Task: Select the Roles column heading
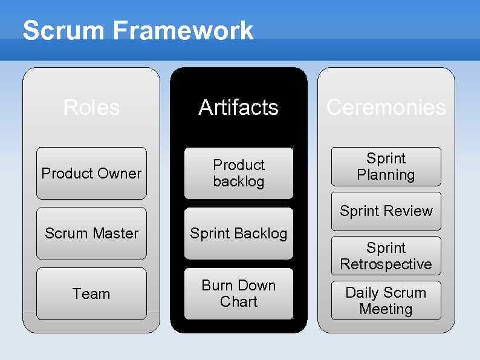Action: pos(91,108)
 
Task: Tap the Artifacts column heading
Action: pos(239,108)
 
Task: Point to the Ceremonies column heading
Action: pos(386,108)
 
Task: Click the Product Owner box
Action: pos(91,173)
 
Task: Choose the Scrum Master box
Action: pos(91,234)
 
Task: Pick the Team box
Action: pos(91,294)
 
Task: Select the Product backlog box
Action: pos(239,173)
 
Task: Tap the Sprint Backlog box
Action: pos(239,234)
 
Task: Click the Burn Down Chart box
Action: pos(239,293)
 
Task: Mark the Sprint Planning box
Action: pos(386,166)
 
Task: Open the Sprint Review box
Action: pos(386,211)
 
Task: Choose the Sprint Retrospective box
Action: pos(386,256)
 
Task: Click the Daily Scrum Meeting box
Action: pos(386,301)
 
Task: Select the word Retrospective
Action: pos(386,264)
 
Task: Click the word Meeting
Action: pos(386,309)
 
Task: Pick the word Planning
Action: pos(386,175)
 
